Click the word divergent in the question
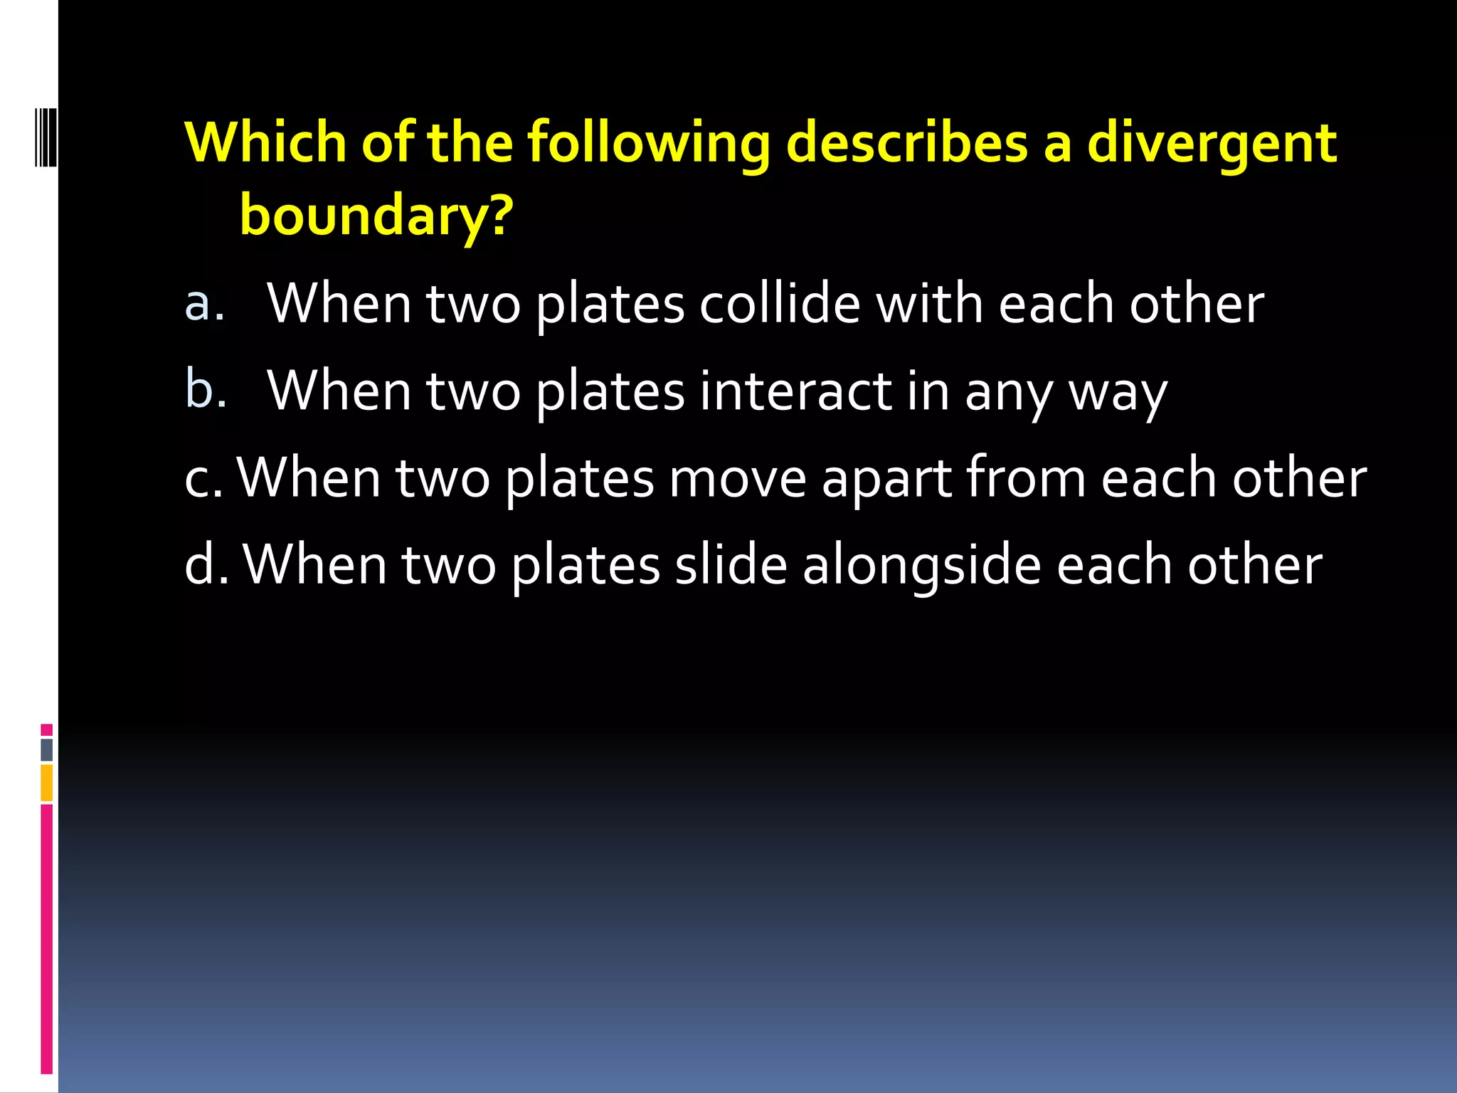click(1212, 143)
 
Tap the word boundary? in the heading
click(376, 215)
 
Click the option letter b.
click(206, 389)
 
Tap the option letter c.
click(202, 478)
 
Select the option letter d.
click(206, 564)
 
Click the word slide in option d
click(731, 565)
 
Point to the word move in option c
click(737, 478)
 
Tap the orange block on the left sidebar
click(47, 783)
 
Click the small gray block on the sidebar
click(47, 749)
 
